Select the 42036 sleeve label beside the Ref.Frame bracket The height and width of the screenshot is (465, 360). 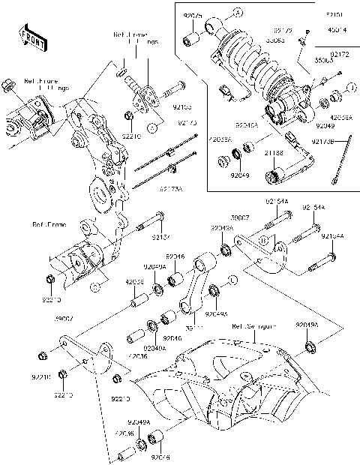click(x=135, y=281)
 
